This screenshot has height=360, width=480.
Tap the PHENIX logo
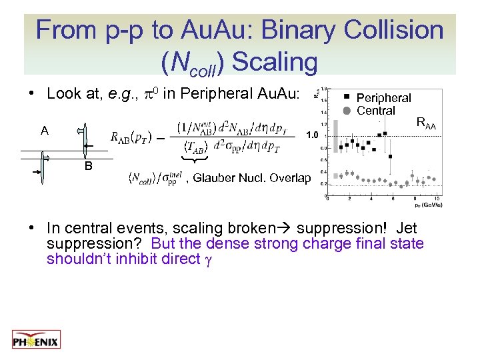coord(36,340)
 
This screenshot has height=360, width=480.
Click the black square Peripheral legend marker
coord(346,97)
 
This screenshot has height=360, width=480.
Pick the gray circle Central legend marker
coord(346,110)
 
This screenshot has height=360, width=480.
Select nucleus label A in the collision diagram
coord(44,131)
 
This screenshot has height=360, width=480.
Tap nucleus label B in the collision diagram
coord(87,167)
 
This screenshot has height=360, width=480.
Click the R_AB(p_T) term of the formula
coord(130,137)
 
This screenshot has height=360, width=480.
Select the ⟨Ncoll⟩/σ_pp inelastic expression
coord(155,178)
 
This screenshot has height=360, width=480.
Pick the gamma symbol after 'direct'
coord(208,259)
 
